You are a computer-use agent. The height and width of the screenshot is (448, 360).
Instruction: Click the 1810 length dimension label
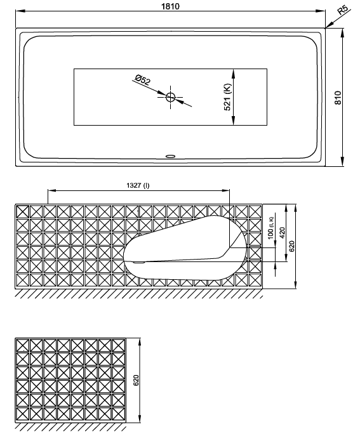click(170, 6)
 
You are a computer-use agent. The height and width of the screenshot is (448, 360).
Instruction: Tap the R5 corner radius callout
click(343, 10)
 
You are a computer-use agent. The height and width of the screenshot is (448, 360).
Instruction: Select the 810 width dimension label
click(338, 98)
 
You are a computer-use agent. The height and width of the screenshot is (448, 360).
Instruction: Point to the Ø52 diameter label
click(142, 80)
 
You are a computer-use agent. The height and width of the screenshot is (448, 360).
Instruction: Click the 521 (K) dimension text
click(227, 97)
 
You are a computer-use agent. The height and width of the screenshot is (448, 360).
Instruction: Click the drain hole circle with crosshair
click(170, 97)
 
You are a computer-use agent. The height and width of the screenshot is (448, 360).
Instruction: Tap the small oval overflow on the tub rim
click(170, 156)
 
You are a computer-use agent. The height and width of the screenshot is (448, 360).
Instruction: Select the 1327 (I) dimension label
click(138, 185)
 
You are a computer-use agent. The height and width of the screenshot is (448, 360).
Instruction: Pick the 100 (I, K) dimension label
click(270, 228)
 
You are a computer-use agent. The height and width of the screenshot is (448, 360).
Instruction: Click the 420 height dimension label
click(283, 233)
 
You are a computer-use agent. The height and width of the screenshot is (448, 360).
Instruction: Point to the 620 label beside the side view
click(291, 246)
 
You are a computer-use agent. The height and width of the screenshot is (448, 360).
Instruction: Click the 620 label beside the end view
click(136, 380)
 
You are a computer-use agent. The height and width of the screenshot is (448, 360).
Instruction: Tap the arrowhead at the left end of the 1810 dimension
click(20, 11)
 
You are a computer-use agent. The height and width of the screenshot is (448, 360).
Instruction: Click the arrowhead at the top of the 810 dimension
click(342, 33)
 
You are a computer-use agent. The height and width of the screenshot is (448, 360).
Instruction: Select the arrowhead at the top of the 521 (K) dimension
click(233, 74)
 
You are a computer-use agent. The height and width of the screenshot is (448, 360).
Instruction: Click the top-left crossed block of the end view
click(22, 345)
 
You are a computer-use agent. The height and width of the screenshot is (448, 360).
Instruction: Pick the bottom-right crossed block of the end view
click(119, 414)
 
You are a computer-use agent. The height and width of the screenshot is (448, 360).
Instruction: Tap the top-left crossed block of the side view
click(22, 212)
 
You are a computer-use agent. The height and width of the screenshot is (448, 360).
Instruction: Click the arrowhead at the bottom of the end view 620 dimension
click(140, 418)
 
